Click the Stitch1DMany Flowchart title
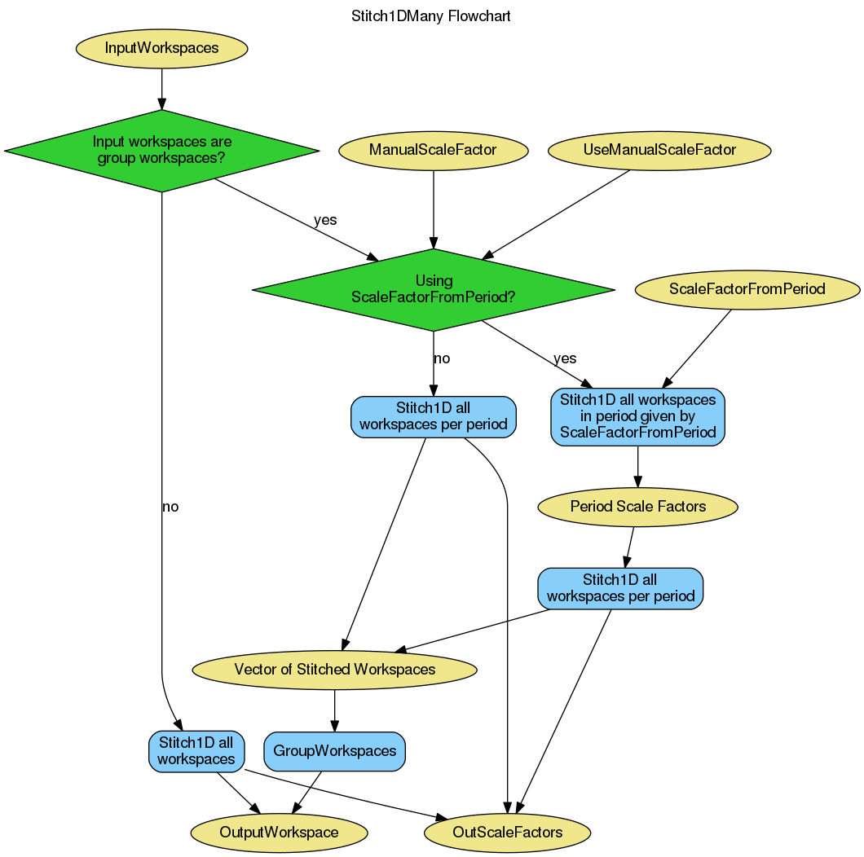430,16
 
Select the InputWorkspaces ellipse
161,48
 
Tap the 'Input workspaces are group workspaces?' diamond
161,151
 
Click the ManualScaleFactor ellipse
433,150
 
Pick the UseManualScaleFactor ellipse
659,150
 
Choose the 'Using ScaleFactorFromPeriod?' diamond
433,290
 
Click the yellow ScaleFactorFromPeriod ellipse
747,289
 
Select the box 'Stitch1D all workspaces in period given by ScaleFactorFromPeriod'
637,417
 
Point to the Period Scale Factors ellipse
637,507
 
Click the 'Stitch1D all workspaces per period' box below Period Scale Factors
620,588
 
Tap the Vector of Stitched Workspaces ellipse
334,670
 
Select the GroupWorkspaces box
334,751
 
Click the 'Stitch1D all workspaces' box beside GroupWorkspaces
196,751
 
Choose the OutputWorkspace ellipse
279,833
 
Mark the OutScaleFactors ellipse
507,833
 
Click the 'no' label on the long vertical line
170,508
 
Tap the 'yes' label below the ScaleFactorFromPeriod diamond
564,358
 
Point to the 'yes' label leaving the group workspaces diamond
325,220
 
